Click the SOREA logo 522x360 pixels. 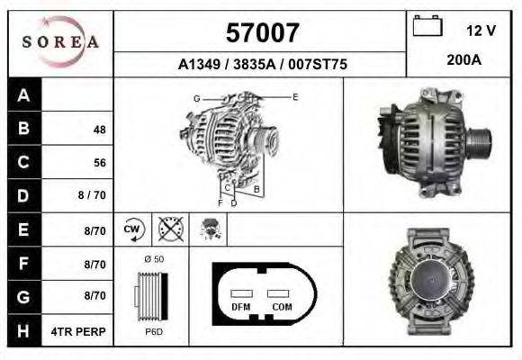coord(60,42)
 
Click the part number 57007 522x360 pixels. coord(262,32)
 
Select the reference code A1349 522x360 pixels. coord(199,64)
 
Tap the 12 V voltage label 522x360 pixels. coord(481,31)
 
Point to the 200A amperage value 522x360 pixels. coord(464,60)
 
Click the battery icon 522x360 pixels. coord(427,26)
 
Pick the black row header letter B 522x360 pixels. coord(23,128)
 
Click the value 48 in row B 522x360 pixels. coord(100,130)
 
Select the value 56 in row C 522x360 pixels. coord(100,163)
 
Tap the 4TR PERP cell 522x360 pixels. coord(78,332)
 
